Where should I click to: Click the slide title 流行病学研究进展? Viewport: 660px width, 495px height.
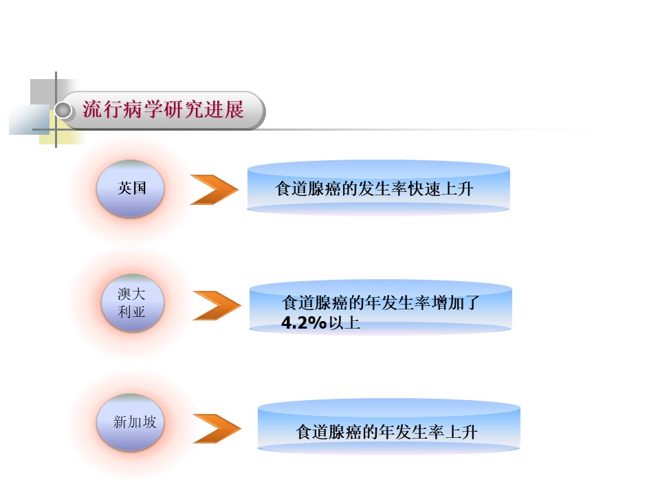tap(163, 110)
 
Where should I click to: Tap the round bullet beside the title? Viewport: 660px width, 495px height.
tap(64, 110)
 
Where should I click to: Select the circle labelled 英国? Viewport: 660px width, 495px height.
tap(131, 188)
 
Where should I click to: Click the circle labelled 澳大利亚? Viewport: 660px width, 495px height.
tap(131, 303)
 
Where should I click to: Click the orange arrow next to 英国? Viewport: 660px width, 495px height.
tap(214, 190)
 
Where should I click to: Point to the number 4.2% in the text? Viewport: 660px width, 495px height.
tap(304, 322)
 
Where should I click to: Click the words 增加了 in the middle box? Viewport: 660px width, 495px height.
tap(463, 303)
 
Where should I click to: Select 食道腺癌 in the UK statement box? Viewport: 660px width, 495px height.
tap(307, 189)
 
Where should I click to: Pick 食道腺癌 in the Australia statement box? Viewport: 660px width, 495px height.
tap(315, 303)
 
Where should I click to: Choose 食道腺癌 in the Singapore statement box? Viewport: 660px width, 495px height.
tap(329, 432)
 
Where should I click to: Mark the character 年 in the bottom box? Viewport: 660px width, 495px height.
tap(386, 432)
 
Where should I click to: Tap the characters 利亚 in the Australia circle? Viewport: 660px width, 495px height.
tap(131, 313)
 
